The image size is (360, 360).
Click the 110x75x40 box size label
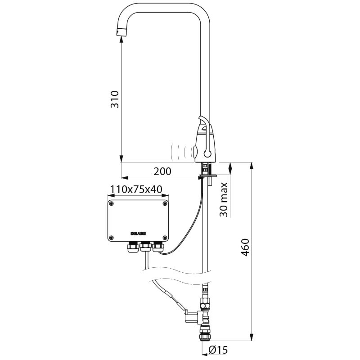pos(137,189)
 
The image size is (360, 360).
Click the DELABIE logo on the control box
pos(139,233)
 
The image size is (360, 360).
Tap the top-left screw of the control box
pos(112,204)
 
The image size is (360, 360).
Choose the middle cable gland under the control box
pos(145,247)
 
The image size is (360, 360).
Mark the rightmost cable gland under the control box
pos(157,247)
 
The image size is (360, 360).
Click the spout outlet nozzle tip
pos(121,32)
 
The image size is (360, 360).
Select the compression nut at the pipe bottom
pos(206,335)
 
